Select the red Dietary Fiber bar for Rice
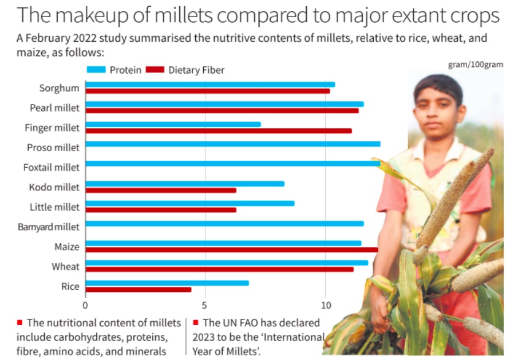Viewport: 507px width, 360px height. [138, 289]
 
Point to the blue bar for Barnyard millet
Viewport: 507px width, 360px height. [224, 224]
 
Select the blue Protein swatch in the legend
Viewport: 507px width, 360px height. [96, 70]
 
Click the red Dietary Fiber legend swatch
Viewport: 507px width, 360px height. [157, 70]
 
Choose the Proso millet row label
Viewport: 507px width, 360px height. [53, 147]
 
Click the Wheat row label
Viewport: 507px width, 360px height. [66, 267]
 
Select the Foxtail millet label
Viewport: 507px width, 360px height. [52, 167]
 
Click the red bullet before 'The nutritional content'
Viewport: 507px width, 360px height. [20, 322]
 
